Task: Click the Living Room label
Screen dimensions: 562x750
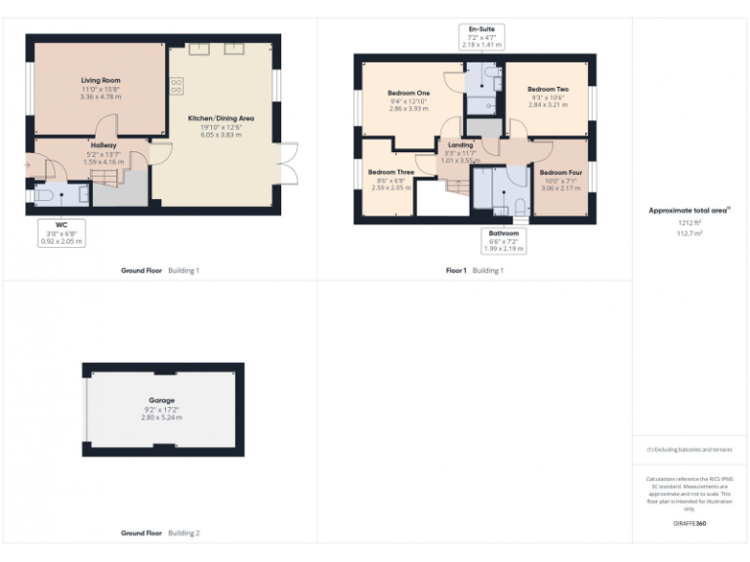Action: tap(99, 82)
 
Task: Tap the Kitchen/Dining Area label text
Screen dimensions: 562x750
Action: tap(215, 118)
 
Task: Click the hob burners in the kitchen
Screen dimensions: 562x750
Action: tap(177, 86)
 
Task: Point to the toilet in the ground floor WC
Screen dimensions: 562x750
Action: tap(44, 195)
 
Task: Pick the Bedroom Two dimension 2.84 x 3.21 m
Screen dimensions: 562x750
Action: tap(548, 103)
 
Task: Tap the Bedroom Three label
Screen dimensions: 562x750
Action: tap(391, 172)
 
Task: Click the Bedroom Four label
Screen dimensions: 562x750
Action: tap(561, 173)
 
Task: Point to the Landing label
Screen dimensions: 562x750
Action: tap(460, 144)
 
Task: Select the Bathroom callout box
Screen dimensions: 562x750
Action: tap(505, 241)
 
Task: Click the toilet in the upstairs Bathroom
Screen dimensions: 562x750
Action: tap(521, 206)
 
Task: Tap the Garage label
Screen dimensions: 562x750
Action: tap(162, 400)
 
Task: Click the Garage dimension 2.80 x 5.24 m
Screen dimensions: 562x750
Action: tap(162, 417)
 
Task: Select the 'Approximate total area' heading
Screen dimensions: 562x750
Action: tap(688, 210)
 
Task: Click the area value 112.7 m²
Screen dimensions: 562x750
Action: tap(689, 233)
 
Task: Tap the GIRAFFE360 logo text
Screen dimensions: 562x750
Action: tap(688, 524)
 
